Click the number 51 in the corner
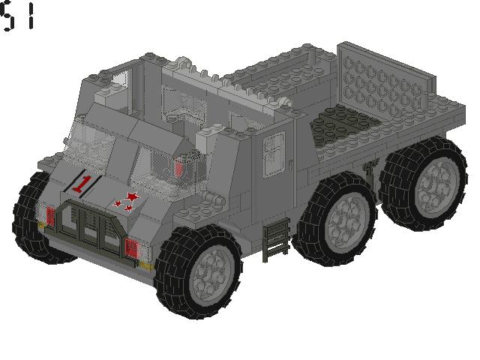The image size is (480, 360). click(18, 16)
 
